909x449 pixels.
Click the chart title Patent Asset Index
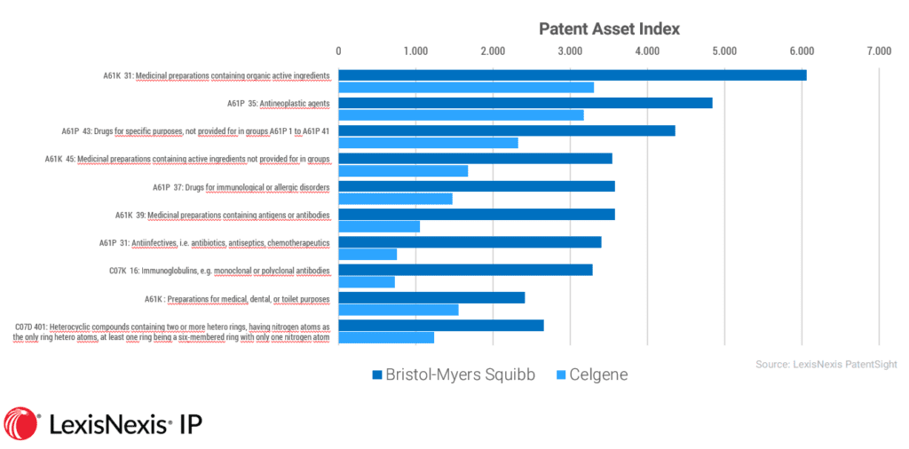(x=609, y=28)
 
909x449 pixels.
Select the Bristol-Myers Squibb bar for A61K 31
(x=572, y=75)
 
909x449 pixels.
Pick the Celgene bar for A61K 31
(x=466, y=88)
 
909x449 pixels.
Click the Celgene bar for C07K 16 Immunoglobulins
(x=367, y=282)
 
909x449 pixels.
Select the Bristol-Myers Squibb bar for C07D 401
(x=440, y=326)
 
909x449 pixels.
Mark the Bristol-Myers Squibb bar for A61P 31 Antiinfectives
(x=470, y=242)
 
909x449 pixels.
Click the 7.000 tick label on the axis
(x=879, y=51)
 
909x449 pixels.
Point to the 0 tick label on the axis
(x=338, y=51)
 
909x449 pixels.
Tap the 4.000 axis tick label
(x=647, y=51)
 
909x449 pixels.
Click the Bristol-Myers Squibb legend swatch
(x=377, y=374)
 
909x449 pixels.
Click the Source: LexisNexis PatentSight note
(x=826, y=364)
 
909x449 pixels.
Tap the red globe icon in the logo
(x=21, y=424)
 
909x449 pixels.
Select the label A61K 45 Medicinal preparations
(x=187, y=159)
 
